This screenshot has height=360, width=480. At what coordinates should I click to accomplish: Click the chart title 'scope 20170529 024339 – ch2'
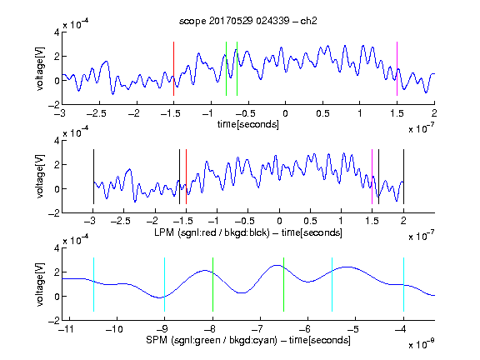[248, 21]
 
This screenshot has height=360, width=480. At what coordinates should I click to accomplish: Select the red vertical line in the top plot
[173, 69]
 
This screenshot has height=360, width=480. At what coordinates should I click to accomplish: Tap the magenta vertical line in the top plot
[397, 69]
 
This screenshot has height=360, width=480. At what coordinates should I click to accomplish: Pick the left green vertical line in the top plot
[226, 69]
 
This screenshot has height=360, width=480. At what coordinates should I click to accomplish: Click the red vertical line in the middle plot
[186, 177]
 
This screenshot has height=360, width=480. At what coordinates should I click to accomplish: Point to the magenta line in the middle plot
[372, 177]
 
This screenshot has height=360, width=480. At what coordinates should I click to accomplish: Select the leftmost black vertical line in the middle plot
[93, 177]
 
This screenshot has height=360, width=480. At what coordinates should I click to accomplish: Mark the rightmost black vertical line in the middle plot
[403, 177]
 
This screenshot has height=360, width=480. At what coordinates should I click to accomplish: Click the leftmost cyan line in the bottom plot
[93, 285]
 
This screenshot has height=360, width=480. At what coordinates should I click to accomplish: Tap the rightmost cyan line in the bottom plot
[403, 285]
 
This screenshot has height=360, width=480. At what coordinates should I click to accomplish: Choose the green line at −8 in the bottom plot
[212, 285]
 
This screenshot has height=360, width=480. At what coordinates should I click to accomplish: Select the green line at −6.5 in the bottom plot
[284, 285]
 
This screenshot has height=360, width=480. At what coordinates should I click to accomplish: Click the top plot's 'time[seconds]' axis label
[248, 125]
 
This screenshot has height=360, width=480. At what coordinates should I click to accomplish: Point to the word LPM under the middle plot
[164, 232]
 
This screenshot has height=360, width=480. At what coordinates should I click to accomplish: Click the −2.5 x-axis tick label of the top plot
[96, 114]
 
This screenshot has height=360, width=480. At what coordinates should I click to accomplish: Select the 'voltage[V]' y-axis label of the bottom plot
[40, 284]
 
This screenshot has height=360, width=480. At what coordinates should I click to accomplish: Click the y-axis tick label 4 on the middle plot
[57, 141]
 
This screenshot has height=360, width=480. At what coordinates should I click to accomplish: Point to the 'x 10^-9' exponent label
[422, 344]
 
